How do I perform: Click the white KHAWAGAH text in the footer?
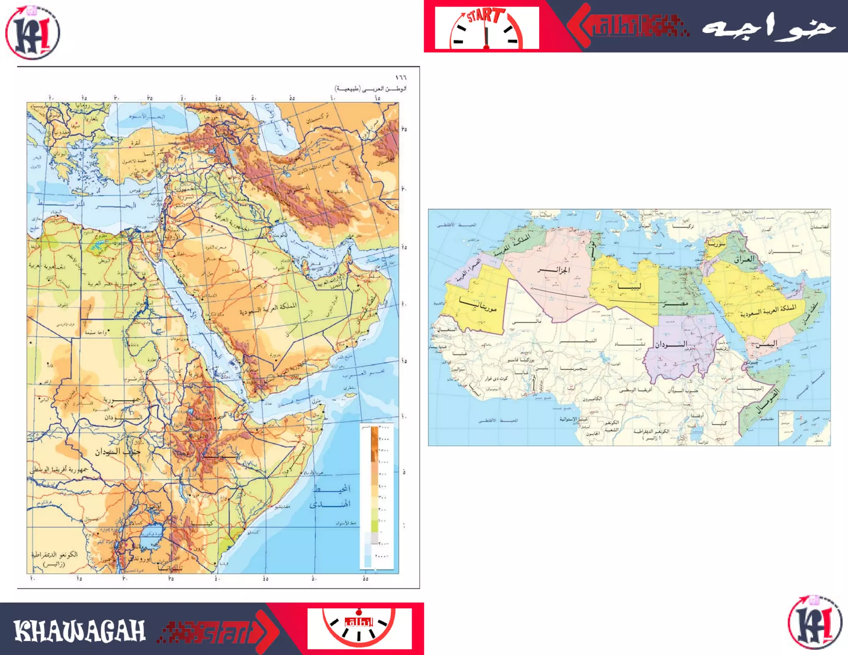tap(79, 631)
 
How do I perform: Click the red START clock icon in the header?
tap(487, 28)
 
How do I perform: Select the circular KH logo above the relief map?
tap(32, 32)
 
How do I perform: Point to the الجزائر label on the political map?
tap(554, 270)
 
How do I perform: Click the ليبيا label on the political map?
tap(629, 286)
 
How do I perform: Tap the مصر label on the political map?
tap(675, 303)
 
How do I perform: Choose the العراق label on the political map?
tap(744, 260)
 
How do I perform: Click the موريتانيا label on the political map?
tap(479, 306)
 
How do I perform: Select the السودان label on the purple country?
tap(671, 344)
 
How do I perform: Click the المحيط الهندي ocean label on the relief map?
tap(330, 496)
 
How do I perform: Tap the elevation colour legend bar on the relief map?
tap(374, 497)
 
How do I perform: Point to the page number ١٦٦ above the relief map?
tap(400, 77)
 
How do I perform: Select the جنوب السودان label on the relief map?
tap(118, 452)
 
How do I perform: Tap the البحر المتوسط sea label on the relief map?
tap(87, 205)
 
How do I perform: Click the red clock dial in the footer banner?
tap(359, 628)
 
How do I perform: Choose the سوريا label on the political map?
tap(716, 244)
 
